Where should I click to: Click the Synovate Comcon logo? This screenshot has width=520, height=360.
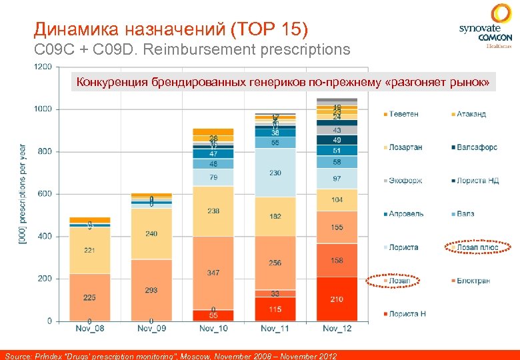[x=485, y=27]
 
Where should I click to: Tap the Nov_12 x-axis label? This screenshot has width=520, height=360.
[x=337, y=328]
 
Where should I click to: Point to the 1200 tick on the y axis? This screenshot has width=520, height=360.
[x=42, y=67]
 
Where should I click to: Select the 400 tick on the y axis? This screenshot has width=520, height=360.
[x=44, y=236]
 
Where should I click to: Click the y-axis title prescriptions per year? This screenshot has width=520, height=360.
[x=23, y=193]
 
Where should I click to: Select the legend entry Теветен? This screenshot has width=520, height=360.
[x=404, y=114]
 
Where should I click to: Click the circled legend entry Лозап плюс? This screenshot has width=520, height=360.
[x=477, y=247]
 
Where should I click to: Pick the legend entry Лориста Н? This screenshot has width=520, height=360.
[x=407, y=313]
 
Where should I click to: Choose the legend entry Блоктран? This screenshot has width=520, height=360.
[x=473, y=281]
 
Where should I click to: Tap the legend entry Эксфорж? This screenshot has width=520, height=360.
[x=405, y=181]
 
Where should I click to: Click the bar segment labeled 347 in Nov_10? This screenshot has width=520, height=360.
[x=213, y=273]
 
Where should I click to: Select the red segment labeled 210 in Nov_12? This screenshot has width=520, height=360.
[x=337, y=299]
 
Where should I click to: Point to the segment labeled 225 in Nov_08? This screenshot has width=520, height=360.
[x=89, y=297]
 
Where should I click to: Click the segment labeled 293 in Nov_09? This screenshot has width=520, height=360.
[x=151, y=290]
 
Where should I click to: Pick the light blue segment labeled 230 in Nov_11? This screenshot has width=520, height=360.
[x=275, y=173]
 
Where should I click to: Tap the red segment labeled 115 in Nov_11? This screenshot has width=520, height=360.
[x=275, y=309]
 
